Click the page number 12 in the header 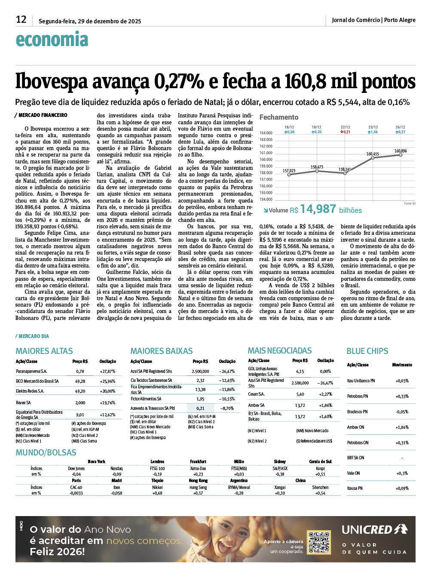pos(21,19)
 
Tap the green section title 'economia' pos(52,40)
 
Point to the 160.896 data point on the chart pos(400,155)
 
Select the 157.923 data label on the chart pos(289,171)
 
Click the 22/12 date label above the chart pos(345,127)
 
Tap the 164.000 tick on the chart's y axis pos(266,133)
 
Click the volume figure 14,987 pos(318,209)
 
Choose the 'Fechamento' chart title pos(279,117)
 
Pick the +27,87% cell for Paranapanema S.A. pos(107,371)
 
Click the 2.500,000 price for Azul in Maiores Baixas pos(200,371)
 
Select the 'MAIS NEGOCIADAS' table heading pos(280,350)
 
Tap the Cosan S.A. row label pos(257,394)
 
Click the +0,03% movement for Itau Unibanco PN pos(402,381)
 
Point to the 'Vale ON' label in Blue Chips pos(354,473)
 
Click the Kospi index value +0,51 pos(320,474)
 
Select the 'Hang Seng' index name pos(198,487)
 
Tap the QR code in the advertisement pos(319,542)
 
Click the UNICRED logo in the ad pos(374,529)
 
